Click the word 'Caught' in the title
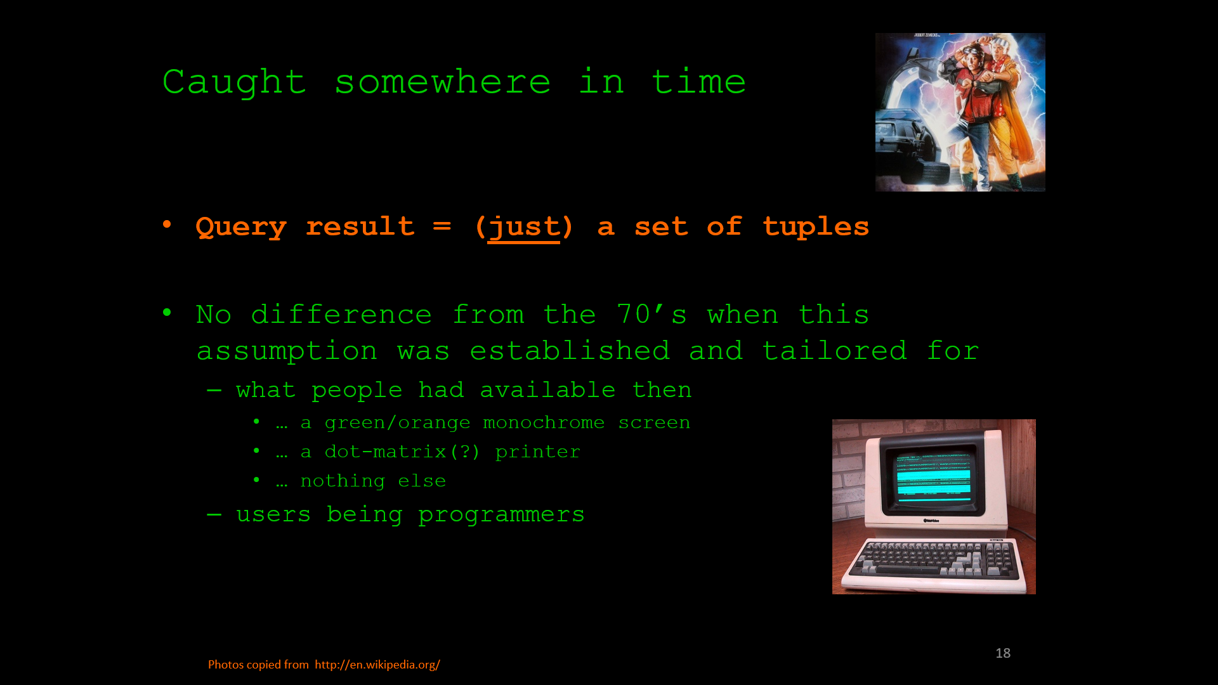pyautogui.click(x=234, y=83)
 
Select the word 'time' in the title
pyautogui.click(x=698, y=82)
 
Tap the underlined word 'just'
pyautogui.click(x=524, y=228)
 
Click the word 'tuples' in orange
pyautogui.click(x=815, y=227)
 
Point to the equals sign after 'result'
pyautogui.click(x=442, y=226)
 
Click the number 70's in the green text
pyautogui.click(x=652, y=314)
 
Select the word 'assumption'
pyautogui.click(x=287, y=351)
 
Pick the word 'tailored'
pyautogui.click(x=834, y=350)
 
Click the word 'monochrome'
pyautogui.click(x=544, y=422)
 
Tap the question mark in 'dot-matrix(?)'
pyautogui.click(x=466, y=452)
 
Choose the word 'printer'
pyautogui.click(x=537, y=452)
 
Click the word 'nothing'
pyautogui.click(x=343, y=481)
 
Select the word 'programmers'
pyautogui.click(x=501, y=515)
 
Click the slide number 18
pyautogui.click(x=1003, y=653)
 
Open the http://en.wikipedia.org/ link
pyautogui.click(x=377, y=665)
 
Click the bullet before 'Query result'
pyautogui.click(x=167, y=224)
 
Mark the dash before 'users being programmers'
pyautogui.click(x=214, y=514)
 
